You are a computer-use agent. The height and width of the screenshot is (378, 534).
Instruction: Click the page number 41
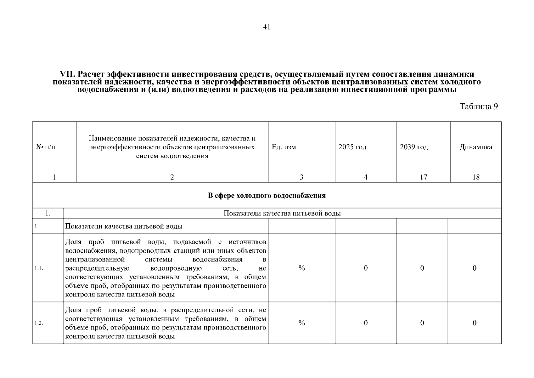[267, 27]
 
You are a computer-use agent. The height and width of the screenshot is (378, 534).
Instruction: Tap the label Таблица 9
[479, 106]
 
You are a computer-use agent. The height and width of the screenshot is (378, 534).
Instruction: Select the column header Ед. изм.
[285, 147]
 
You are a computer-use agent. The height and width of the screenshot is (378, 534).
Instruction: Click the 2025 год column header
[352, 147]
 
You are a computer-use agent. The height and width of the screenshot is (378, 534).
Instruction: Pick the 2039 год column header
[413, 147]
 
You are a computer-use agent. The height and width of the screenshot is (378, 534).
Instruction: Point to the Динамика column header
[475, 147]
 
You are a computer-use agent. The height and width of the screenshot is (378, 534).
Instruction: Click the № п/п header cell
[45, 147]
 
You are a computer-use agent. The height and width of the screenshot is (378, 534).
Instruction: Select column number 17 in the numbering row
[424, 177]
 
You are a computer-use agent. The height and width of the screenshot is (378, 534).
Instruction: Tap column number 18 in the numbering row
[476, 177]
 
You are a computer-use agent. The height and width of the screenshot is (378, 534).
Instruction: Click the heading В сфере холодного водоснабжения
[267, 196]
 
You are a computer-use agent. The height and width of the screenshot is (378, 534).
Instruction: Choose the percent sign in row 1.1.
[301, 268]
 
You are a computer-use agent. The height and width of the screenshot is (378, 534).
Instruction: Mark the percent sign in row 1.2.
[301, 323]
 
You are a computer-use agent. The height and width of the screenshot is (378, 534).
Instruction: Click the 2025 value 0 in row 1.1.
[366, 268]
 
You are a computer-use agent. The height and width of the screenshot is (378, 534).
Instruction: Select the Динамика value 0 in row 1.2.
[474, 323]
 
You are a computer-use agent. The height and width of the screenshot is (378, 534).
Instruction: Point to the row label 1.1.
[39, 268]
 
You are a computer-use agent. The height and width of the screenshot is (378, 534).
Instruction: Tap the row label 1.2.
[39, 323]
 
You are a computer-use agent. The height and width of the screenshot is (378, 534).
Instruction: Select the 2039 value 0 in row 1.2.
[422, 323]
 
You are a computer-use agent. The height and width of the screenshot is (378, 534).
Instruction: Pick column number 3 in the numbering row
[301, 177]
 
